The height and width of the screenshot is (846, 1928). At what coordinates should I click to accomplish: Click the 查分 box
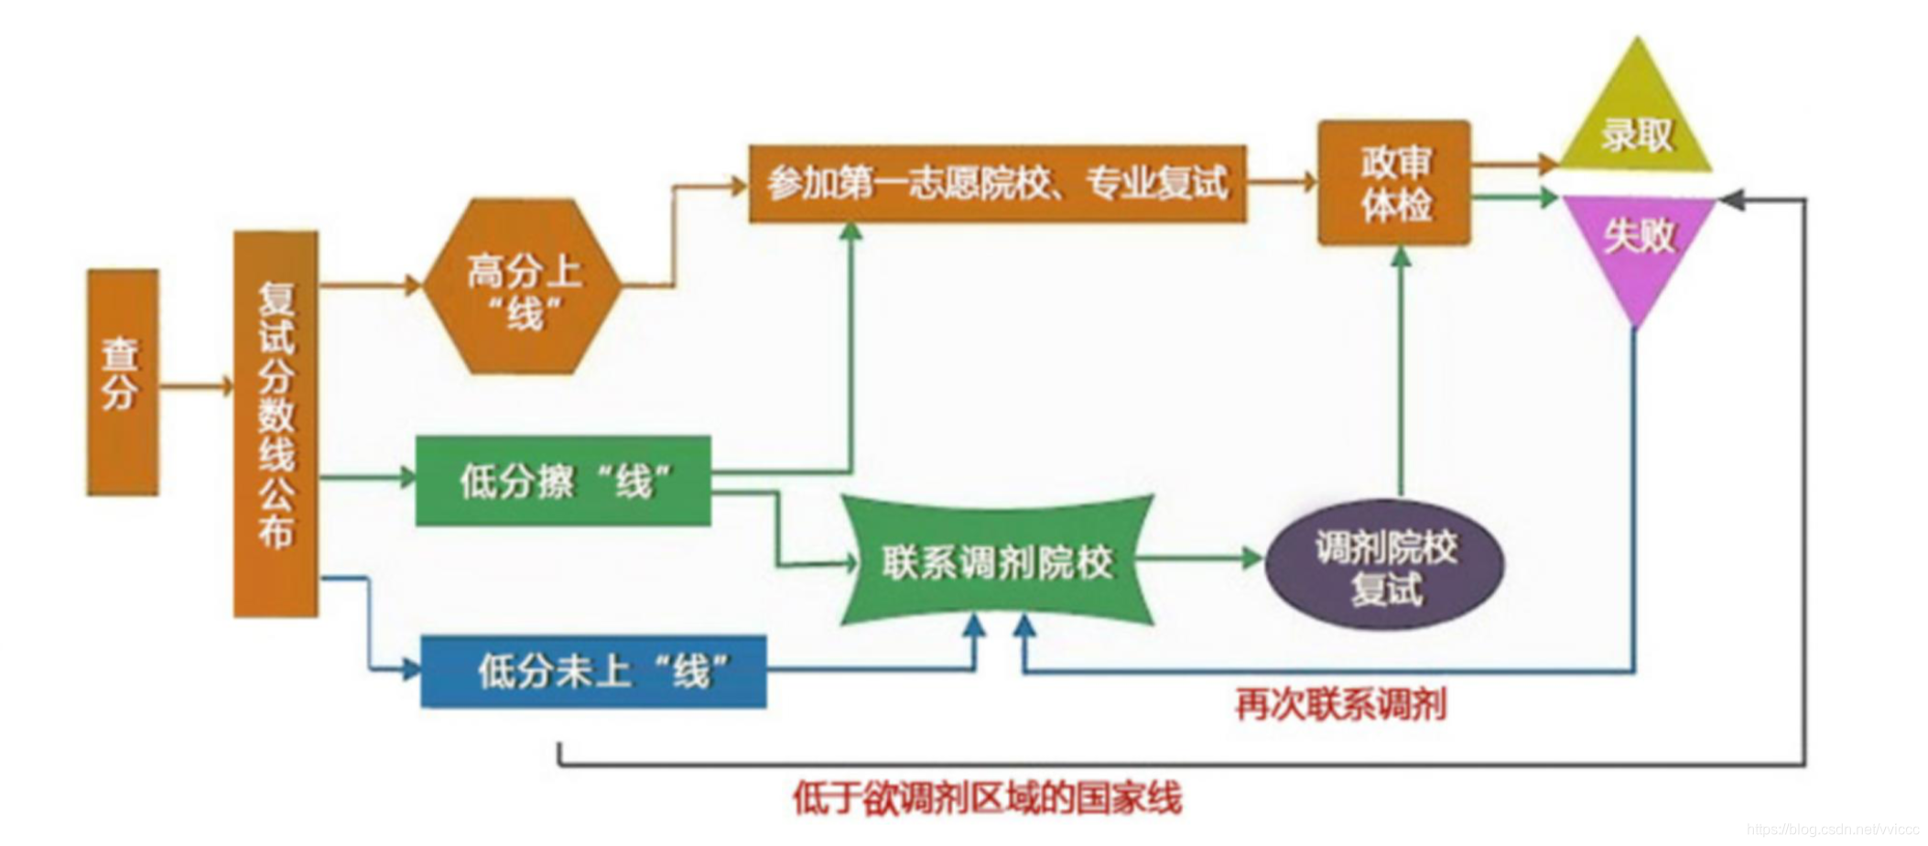(x=123, y=382)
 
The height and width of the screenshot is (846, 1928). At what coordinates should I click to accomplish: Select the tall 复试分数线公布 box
(x=276, y=423)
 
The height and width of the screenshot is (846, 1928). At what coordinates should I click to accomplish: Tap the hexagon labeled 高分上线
(x=523, y=287)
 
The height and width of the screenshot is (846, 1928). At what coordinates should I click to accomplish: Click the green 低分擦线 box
(x=563, y=481)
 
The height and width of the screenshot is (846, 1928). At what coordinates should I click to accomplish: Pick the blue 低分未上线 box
(x=593, y=671)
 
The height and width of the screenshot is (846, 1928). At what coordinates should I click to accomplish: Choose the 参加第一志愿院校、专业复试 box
(x=997, y=184)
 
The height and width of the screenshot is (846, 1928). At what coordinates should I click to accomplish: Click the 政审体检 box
(x=1394, y=183)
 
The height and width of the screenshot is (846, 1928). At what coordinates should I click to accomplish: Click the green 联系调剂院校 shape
(x=997, y=561)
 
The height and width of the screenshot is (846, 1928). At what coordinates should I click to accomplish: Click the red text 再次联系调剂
(x=1341, y=705)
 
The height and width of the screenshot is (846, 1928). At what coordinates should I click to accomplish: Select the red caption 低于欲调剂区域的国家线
(x=988, y=797)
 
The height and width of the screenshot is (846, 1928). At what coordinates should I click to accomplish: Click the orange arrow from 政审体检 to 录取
(x=1515, y=165)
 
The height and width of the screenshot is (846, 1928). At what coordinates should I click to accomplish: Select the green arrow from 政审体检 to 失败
(x=1515, y=197)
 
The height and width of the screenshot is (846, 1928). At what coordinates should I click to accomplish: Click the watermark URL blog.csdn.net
(x=1832, y=830)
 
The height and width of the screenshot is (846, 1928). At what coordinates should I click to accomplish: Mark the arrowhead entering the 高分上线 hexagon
(x=412, y=285)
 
